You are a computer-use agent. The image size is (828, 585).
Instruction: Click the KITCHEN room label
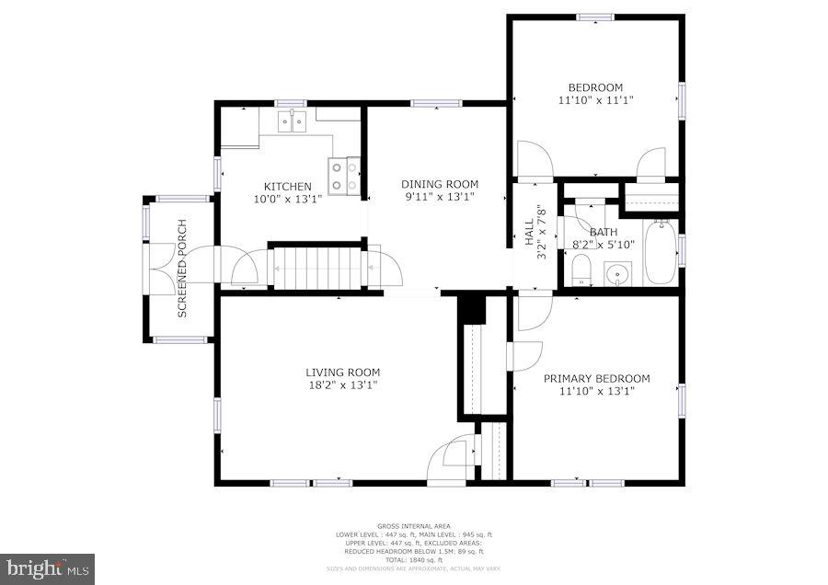tap(287, 187)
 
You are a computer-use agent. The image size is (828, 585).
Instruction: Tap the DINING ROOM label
tap(440, 184)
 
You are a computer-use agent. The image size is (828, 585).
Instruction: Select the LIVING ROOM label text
tap(342, 373)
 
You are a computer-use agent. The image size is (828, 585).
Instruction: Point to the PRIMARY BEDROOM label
tap(596, 378)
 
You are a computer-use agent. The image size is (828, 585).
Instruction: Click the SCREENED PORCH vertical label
tap(182, 269)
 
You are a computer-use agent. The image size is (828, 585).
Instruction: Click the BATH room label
tap(604, 233)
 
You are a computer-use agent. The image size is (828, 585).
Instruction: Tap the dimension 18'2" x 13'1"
tap(342, 385)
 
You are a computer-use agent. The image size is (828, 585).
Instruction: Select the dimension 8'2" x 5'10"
tap(604, 245)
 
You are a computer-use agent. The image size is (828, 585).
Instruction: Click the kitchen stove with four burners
tap(344, 176)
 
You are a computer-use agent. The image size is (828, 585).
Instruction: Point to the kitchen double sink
tap(293, 120)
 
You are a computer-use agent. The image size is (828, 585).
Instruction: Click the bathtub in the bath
tap(660, 251)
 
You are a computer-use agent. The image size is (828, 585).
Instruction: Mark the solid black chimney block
tap(471, 308)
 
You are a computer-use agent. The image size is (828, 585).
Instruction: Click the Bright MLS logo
tap(48, 568)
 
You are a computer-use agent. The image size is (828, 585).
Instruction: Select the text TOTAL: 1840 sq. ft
tap(413, 559)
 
